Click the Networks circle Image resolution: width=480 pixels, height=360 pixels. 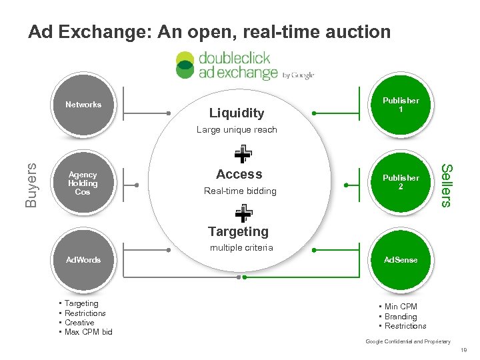[83, 105]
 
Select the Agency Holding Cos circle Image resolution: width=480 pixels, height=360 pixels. [83, 183]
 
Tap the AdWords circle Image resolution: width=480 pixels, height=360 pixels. [83, 260]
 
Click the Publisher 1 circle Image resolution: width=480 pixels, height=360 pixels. [400, 105]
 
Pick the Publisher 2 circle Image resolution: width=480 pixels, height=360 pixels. [400, 182]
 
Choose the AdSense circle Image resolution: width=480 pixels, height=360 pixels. [400, 260]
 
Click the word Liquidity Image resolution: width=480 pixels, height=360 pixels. [237, 113]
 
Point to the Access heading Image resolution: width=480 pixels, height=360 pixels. [239, 174]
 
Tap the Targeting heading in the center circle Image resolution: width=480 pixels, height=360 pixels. [238, 231]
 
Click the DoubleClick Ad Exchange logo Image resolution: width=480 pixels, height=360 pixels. [244, 65]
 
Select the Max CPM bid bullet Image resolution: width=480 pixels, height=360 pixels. [88, 332]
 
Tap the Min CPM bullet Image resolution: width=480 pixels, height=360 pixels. [400, 307]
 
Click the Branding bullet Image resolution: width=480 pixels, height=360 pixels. [400, 317]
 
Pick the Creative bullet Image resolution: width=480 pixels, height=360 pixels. [79, 323]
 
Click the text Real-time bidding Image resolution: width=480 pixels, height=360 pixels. [239, 191]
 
